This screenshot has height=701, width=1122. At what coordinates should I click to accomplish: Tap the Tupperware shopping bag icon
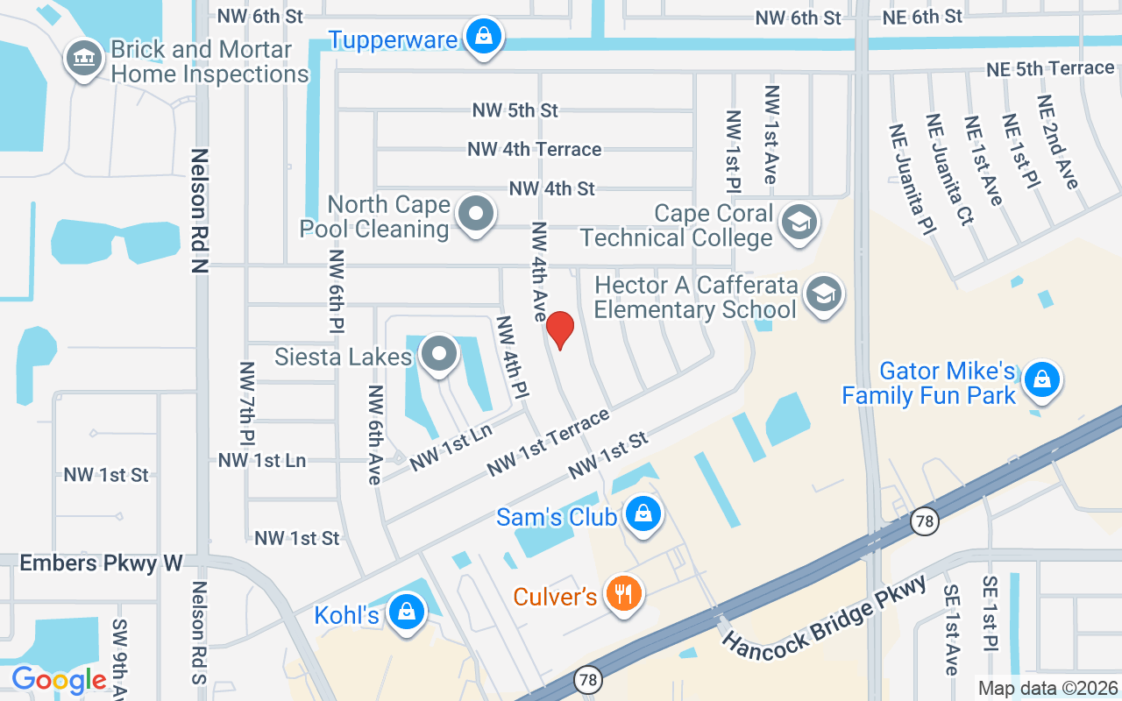click(482, 37)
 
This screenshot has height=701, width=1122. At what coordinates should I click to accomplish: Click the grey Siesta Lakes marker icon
click(439, 355)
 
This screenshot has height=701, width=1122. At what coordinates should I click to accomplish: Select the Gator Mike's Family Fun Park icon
click(1041, 380)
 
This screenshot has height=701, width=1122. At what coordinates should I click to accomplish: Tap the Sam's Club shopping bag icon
click(643, 514)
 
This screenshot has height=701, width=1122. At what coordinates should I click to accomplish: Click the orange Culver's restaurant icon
click(624, 595)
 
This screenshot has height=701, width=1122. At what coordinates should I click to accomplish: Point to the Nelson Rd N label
click(200, 210)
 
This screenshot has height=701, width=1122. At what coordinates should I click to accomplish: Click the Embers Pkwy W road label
click(101, 563)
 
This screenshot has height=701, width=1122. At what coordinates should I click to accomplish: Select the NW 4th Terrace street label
click(535, 149)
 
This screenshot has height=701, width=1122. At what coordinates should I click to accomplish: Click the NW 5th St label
click(515, 110)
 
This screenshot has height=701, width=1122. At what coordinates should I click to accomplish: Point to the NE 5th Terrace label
click(1049, 68)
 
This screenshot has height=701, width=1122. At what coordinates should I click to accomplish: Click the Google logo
click(59, 680)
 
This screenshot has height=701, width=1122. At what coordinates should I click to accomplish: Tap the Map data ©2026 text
click(1047, 689)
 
